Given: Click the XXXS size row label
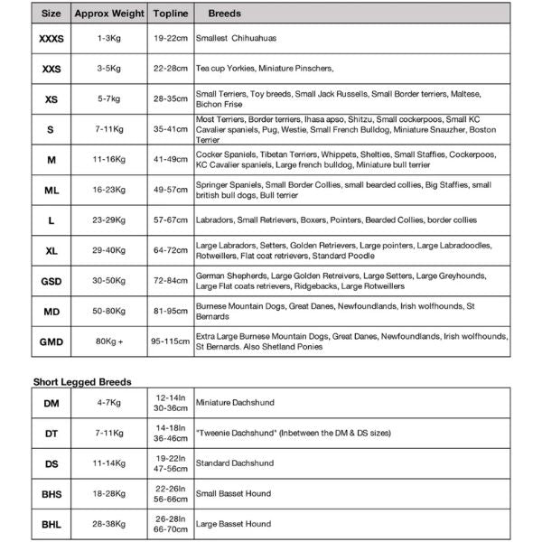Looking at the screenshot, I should [x=51, y=40].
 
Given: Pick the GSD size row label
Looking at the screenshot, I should [x=51, y=281].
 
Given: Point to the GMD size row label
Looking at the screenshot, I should [x=51, y=342].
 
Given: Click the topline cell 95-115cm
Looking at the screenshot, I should [x=171, y=342].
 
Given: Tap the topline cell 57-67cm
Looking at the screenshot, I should [x=171, y=220].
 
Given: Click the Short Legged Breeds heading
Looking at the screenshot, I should [x=82, y=382].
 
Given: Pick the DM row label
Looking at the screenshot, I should [x=51, y=403].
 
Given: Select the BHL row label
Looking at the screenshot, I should [x=51, y=524].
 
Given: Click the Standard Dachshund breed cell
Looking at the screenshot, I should [x=235, y=463].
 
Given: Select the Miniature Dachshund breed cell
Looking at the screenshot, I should [x=235, y=403].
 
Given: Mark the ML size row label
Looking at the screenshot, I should [x=51, y=190].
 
